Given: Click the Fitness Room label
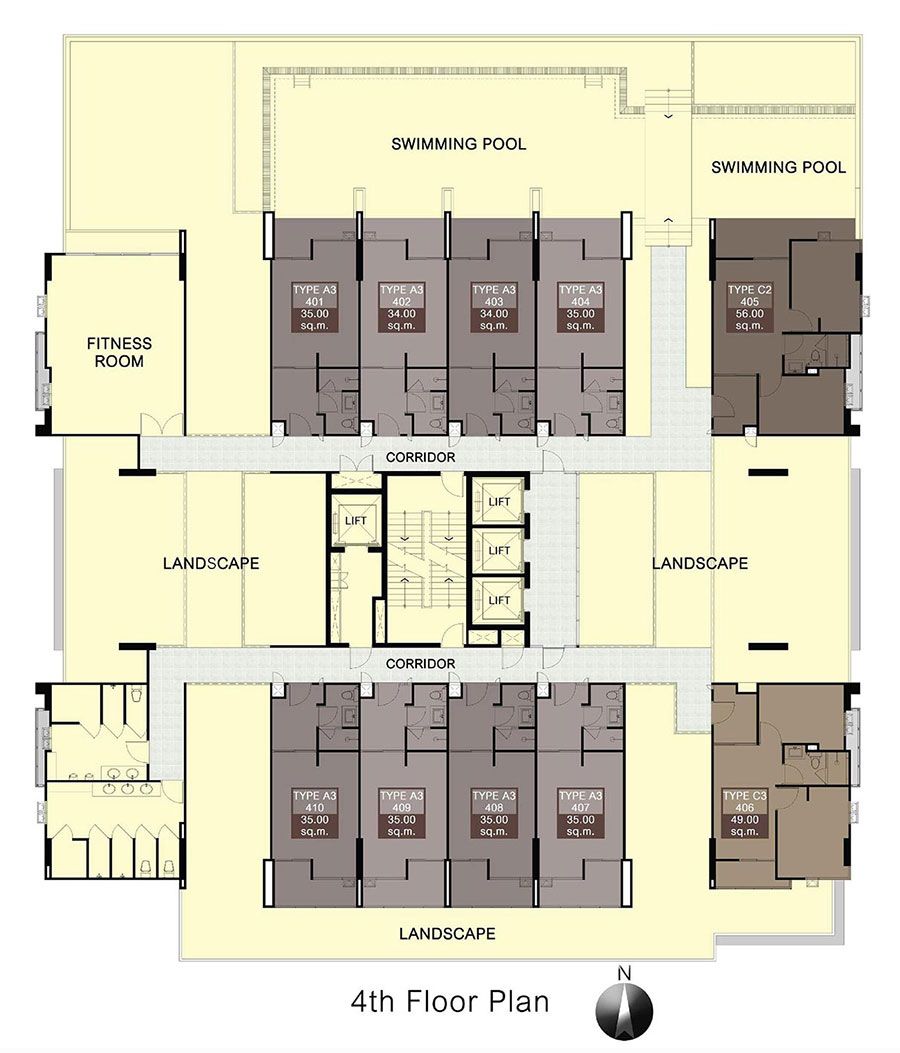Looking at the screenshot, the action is coord(120,352).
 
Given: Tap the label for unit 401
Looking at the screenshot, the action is coord(314,308).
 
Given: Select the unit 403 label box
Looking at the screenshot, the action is coord(494,308).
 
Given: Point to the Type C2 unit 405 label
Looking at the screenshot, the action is coord(750,308).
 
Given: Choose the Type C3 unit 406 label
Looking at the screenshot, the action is coord(744,813).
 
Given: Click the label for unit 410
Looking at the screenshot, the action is coord(314,813).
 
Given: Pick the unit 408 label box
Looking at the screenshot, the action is coord(494,813).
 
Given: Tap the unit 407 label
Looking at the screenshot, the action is coord(580,813).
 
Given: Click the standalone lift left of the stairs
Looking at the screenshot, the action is coord(355,521).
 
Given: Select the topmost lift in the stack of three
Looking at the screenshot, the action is coord(498,501).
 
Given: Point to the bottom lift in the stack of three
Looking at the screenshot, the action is coord(498,600).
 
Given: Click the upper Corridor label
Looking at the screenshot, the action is coord(420,457).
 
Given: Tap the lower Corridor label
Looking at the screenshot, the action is coord(420,663).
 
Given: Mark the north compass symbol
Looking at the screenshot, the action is coord(625,1006).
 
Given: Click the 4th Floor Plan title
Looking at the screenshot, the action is coord(450,1001).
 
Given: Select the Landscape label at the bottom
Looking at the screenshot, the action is coord(447,933).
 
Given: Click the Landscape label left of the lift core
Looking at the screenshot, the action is coord(211,563).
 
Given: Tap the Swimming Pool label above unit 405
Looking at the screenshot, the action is coord(778,167).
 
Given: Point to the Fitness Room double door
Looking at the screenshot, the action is coord(161,425).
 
